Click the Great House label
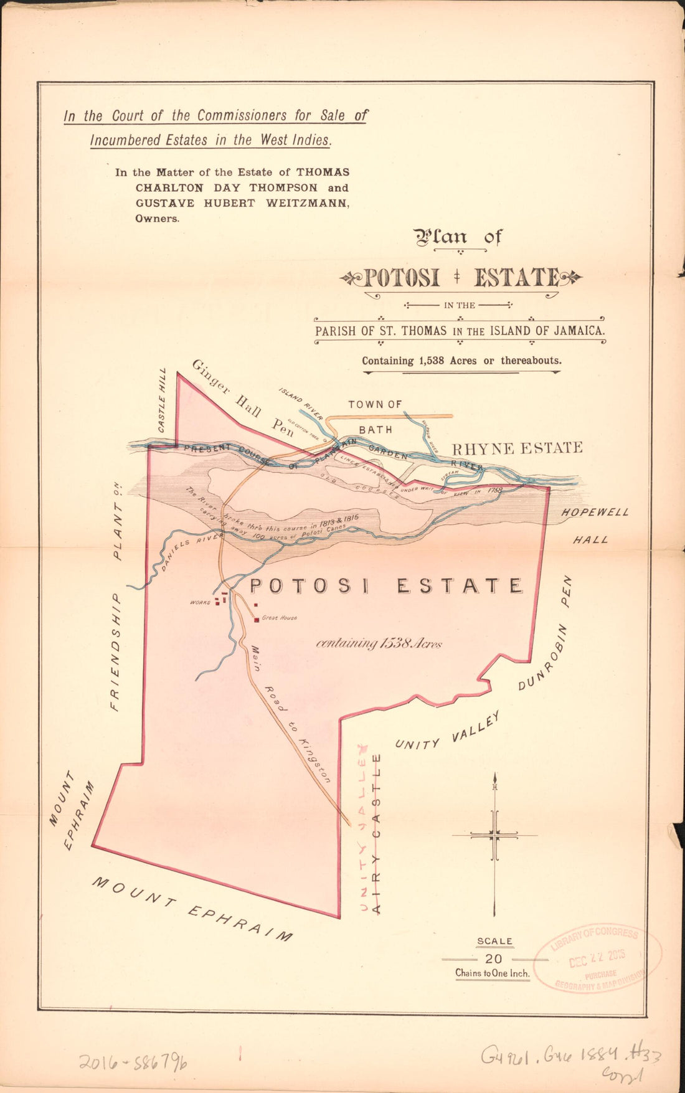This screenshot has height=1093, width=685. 279,618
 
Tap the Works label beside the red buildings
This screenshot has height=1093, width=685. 201,602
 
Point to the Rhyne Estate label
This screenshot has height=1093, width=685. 517,448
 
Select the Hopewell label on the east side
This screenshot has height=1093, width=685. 595,513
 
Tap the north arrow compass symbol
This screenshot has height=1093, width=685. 494,836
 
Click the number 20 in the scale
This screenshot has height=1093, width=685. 493,960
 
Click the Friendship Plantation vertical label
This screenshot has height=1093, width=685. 115,597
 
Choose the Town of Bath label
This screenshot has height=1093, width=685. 376,416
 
